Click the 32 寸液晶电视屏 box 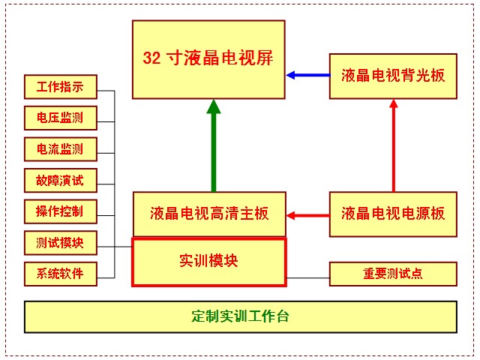[x=208, y=59]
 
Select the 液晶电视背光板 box [x=393, y=75]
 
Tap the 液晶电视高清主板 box [x=209, y=214]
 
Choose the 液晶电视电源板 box [x=393, y=214]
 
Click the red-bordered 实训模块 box [x=209, y=262]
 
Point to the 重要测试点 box [x=393, y=274]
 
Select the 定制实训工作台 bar [x=241, y=316]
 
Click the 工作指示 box [x=60, y=87]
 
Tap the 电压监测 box [x=60, y=118]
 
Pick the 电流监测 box [x=60, y=148]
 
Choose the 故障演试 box [x=60, y=180]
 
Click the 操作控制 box [x=60, y=211]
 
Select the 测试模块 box [x=60, y=242]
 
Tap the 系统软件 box [x=60, y=273]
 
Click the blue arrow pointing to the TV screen [x=307, y=75]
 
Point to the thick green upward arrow [x=214, y=146]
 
